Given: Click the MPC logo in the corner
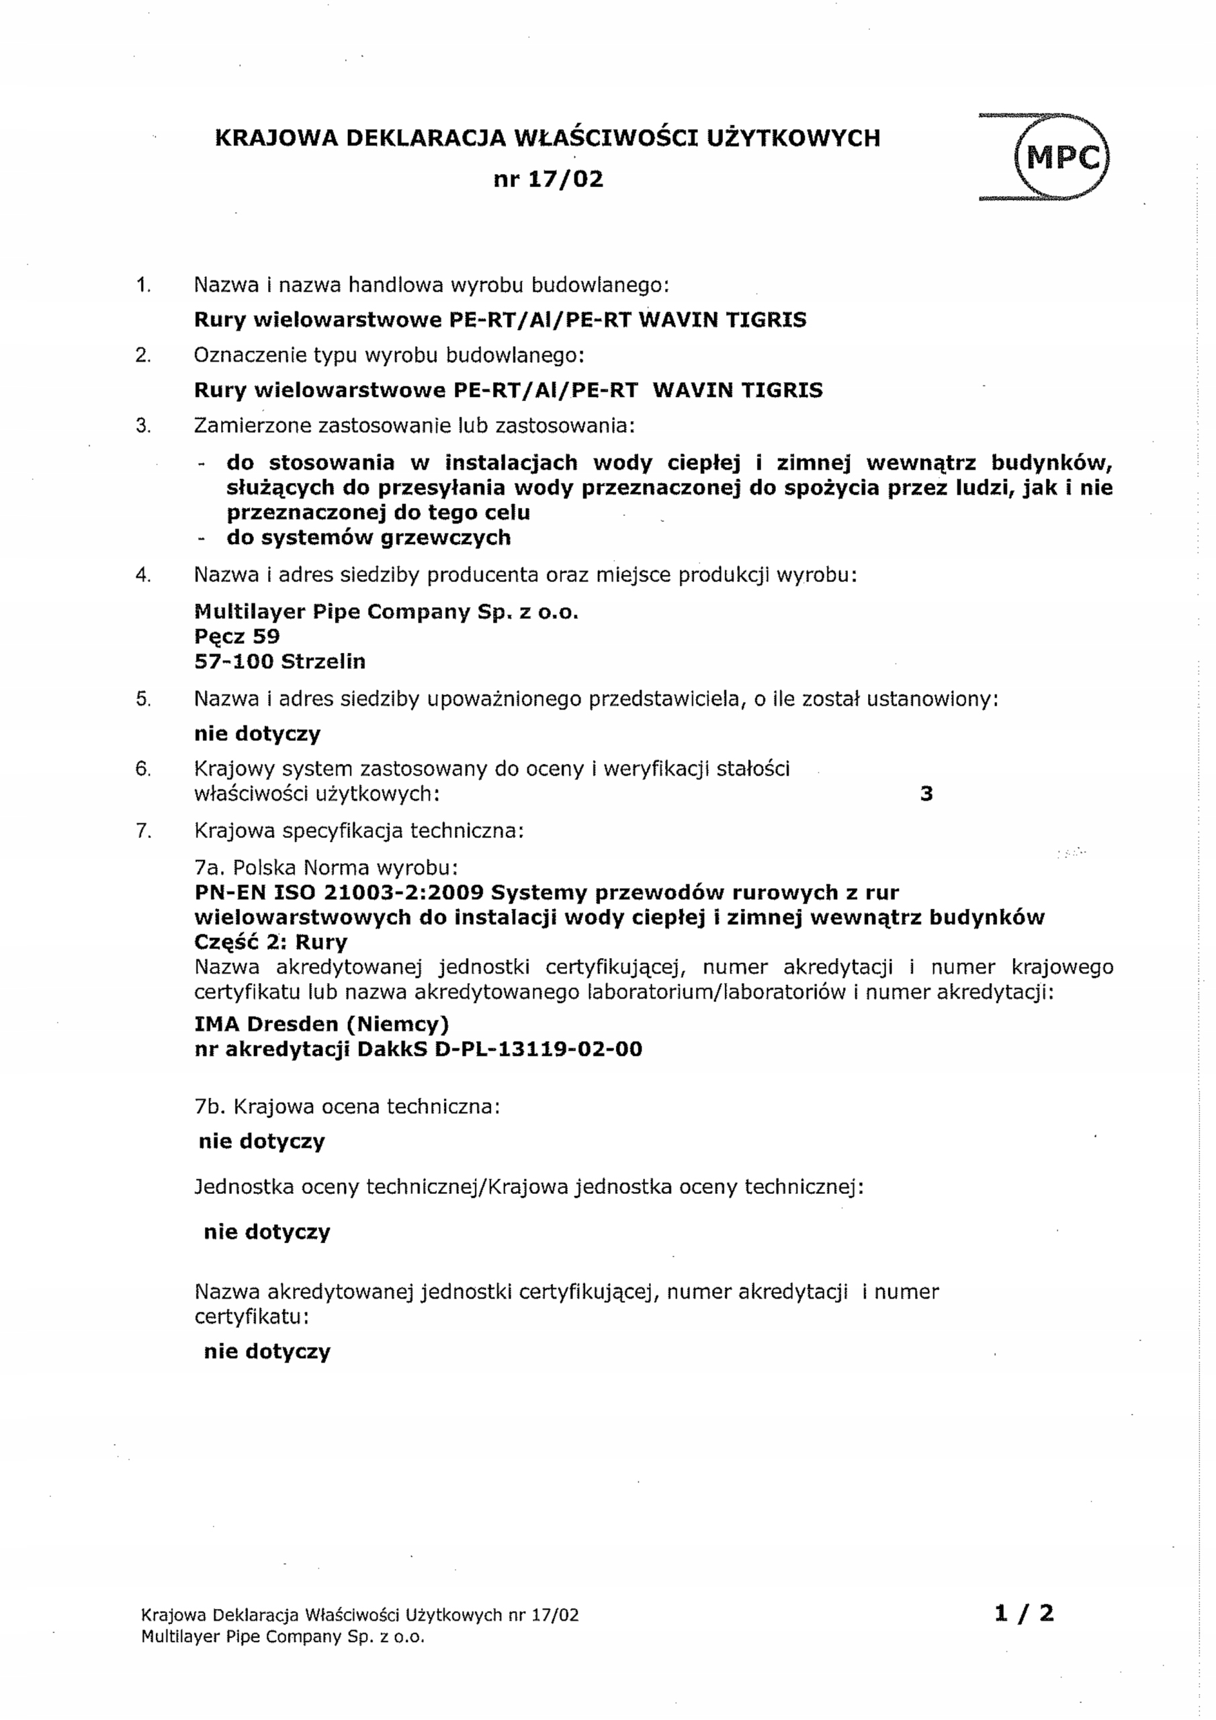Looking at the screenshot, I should click(1059, 157).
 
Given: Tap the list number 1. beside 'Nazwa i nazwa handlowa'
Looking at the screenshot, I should click(143, 286).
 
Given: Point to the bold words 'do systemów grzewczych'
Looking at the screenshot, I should click(369, 538).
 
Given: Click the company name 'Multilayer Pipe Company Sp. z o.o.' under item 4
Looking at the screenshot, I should click(386, 612).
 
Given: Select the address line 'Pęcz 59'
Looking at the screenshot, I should click(236, 637).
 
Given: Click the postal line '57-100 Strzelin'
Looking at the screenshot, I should click(279, 662).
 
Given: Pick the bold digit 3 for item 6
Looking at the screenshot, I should click(926, 794).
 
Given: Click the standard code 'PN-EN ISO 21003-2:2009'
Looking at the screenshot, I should click(339, 893).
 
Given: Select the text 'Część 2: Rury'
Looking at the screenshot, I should click(271, 943).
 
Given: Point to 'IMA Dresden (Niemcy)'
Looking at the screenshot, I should click(321, 1024).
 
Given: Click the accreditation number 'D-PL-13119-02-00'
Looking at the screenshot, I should click(538, 1049).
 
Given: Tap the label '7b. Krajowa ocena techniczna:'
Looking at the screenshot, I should click(347, 1107).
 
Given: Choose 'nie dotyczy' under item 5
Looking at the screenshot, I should click(257, 734).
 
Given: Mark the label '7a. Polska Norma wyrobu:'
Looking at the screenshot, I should click(326, 868).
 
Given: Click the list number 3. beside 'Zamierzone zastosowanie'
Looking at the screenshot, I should click(143, 426).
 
